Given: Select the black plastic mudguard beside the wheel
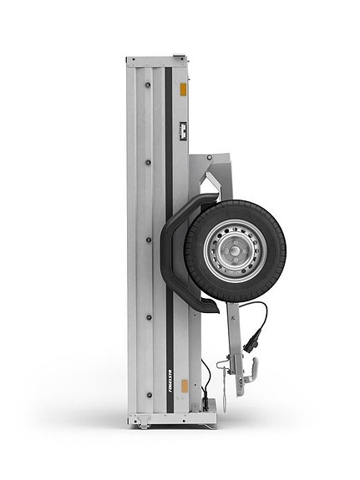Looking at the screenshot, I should pyautogui.click(x=182, y=250).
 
